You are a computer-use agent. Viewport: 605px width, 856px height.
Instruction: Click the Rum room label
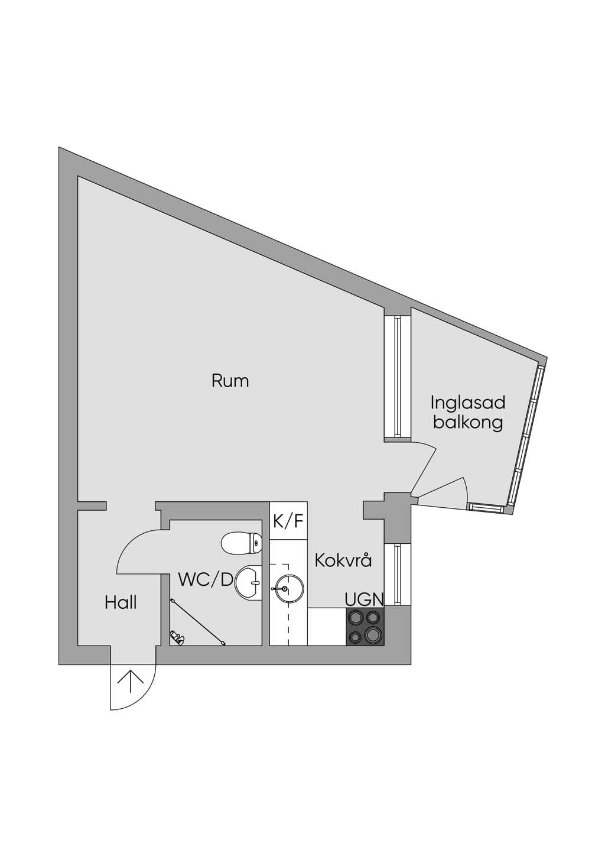tap(230, 381)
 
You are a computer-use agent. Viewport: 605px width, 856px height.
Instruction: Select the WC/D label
tap(206, 580)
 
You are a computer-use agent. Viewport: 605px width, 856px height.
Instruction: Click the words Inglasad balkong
tap(468, 413)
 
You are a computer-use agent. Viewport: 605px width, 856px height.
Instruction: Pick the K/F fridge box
tap(288, 520)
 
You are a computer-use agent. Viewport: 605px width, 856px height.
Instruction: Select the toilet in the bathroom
tap(242, 543)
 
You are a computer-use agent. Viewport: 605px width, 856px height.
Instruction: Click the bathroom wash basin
tap(249, 583)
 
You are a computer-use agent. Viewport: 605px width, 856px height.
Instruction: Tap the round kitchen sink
tap(288, 589)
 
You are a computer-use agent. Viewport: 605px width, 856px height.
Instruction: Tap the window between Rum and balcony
tap(398, 376)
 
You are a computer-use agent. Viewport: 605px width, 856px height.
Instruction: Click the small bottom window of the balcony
tap(485, 507)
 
